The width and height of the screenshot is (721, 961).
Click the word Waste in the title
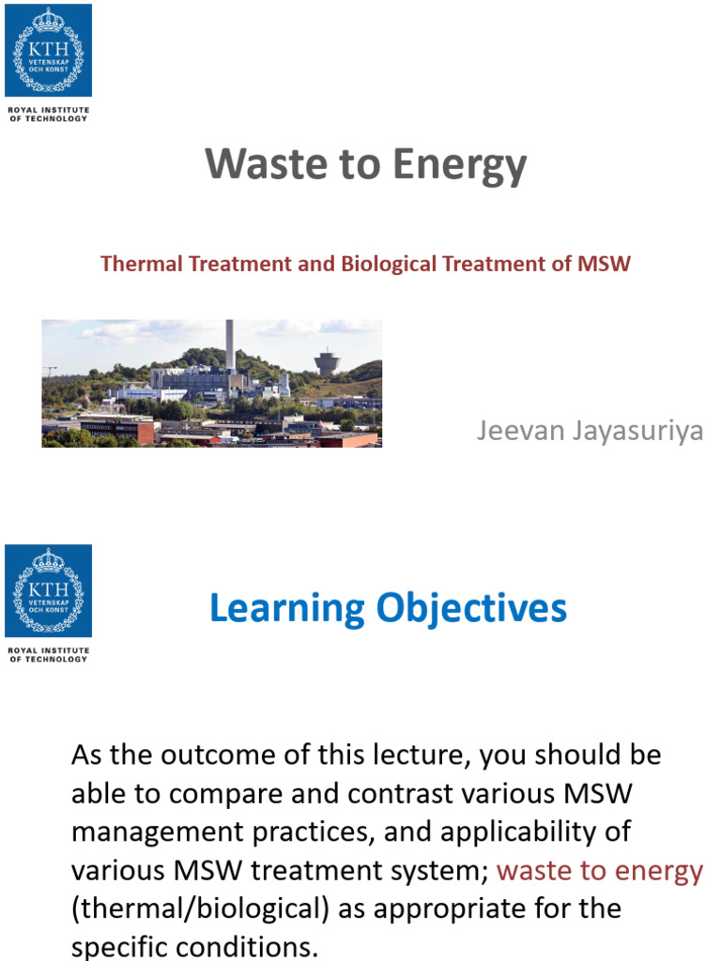[x=267, y=164]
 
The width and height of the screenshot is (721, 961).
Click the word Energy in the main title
[x=460, y=166]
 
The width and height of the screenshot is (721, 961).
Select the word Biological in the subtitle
[x=390, y=264]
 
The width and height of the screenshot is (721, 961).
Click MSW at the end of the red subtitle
[x=604, y=264]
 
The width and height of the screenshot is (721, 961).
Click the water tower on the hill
[x=328, y=361]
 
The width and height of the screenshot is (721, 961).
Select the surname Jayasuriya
[x=637, y=432]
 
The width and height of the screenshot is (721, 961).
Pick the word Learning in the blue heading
[x=287, y=609]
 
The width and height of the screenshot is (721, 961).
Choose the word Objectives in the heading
[x=471, y=609]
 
